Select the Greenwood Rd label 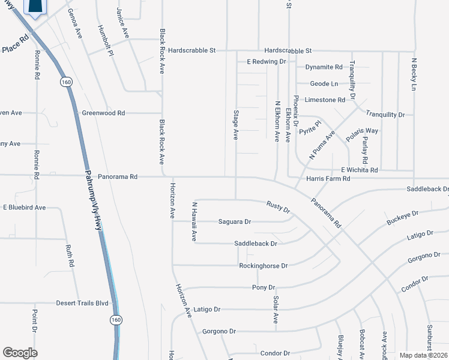[x=103, y=113]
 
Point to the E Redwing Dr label [x=267, y=62]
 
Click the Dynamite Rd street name [x=324, y=67]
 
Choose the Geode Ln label [x=324, y=84]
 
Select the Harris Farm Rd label [x=328, y=179]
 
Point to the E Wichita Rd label [x=359, y=170]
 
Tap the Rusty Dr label [x=279, y=207]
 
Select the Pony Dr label [x=263, y=287]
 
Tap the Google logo [x=20, y=352]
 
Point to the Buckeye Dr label [x=402, y=217]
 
